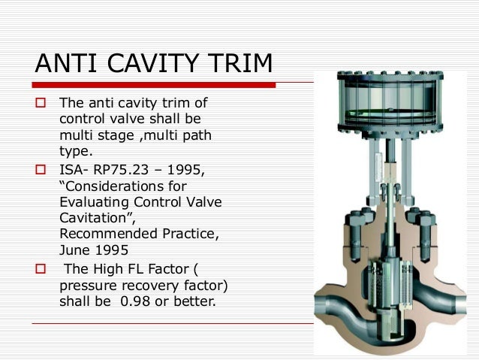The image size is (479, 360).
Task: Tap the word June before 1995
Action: (73, 251)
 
